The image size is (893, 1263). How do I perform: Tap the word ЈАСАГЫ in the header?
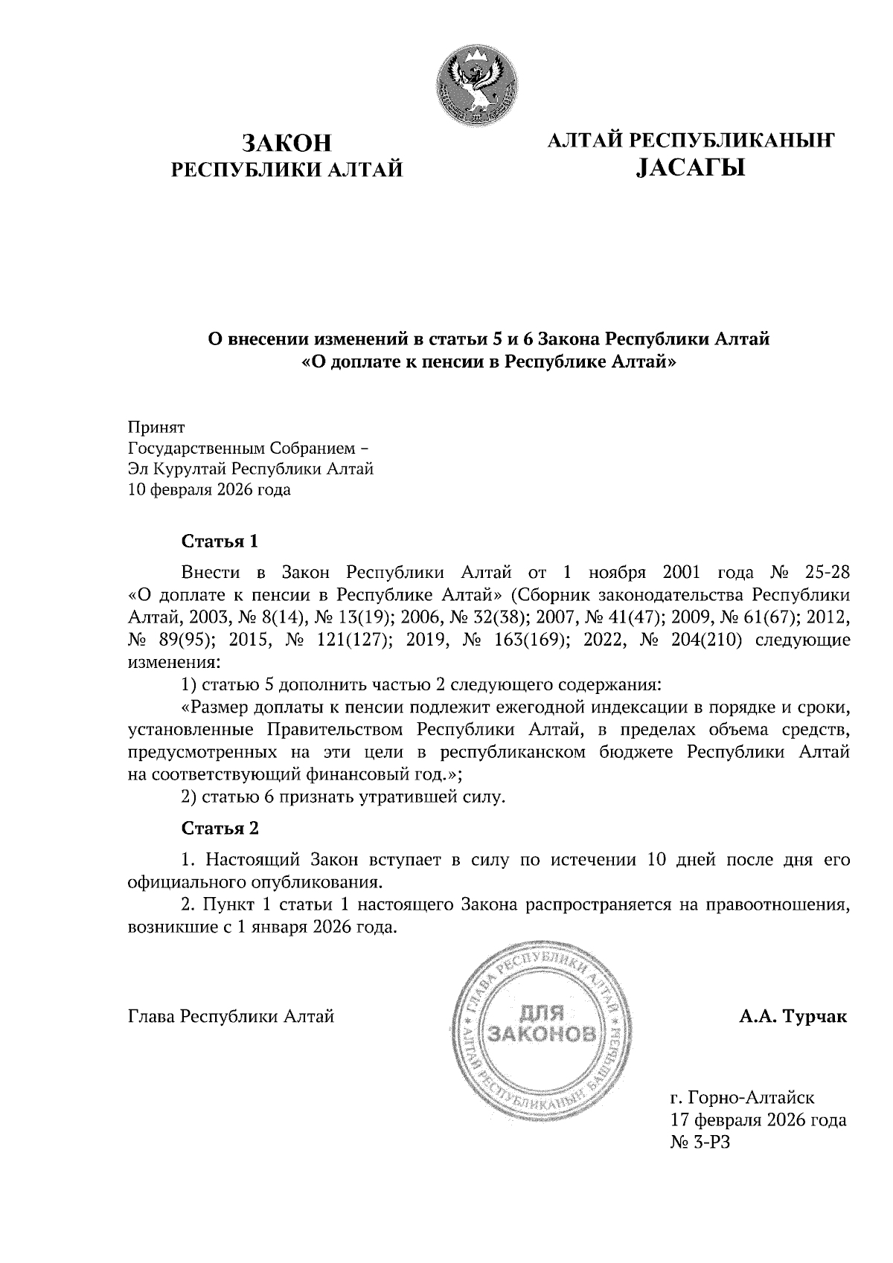click(x=691, y=170)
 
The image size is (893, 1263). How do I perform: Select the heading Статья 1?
click(x=220, y=541)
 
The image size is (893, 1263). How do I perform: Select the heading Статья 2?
click(x=220, y=828)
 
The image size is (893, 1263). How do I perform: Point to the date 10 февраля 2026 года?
click(x=210, y=489)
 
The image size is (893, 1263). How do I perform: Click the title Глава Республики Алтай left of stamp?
click(x=231, y=1016)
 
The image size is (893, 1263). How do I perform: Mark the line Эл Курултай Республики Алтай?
click(x=251, y=469)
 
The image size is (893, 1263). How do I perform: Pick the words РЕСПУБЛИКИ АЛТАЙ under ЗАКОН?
click(x=287, y=170)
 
